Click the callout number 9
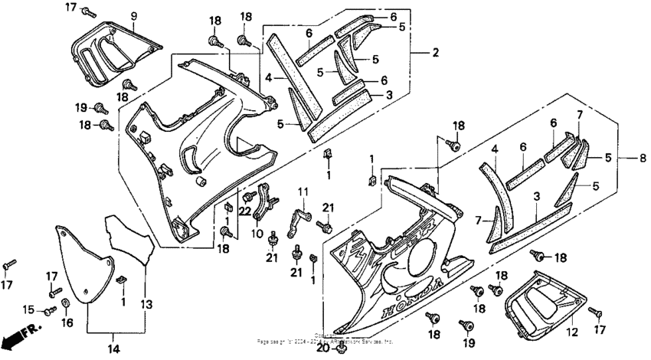[133, 15]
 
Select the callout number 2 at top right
[435, 53]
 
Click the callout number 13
[145, 304]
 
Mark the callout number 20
[322, 349]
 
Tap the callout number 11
[303, 191]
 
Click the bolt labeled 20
[335, 349]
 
